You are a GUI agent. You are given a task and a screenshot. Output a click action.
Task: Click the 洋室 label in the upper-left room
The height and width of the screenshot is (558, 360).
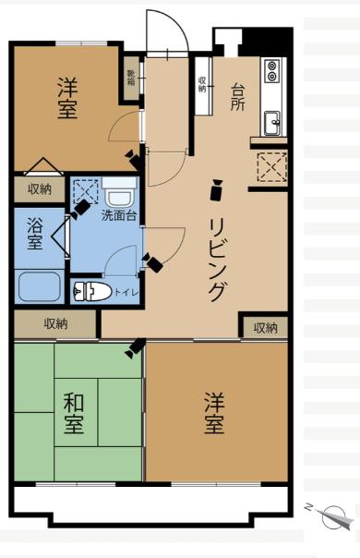(x=66, y=98)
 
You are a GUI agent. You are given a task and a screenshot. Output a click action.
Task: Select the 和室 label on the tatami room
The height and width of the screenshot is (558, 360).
(x=74, y=414)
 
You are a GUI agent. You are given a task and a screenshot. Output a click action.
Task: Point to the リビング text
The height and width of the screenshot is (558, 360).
(x=218, y=260)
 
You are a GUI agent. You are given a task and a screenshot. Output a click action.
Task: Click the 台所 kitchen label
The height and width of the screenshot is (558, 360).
(x=237, y=96)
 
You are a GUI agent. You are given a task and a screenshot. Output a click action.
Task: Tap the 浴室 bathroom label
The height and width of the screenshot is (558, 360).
(x=34, y=234)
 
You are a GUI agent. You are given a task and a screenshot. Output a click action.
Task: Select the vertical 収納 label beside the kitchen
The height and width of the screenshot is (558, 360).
(x=201, y=84)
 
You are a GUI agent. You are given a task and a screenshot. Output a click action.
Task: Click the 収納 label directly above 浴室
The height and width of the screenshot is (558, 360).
(x=39, y=188)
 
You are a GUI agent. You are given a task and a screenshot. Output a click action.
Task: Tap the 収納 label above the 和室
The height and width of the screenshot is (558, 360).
(x=55, y=323)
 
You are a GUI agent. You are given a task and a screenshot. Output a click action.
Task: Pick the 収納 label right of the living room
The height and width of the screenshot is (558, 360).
(x=265, y=328)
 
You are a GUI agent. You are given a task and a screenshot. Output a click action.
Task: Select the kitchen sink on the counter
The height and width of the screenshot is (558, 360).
(x=272, y=122)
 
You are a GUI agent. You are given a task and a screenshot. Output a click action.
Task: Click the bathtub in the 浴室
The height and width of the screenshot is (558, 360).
(x=39, y=287)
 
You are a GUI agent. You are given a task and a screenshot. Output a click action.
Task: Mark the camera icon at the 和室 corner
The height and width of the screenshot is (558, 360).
(x=135, y=348)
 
